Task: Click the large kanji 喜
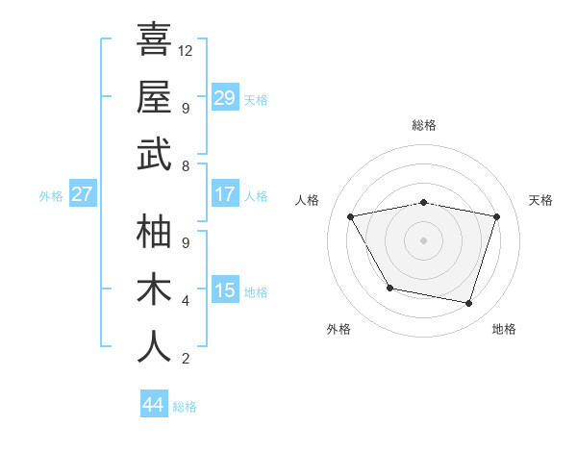154,39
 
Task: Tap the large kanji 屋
154,96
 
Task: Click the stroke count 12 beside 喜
187,50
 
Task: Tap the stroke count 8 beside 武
185,166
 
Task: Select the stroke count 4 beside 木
185,301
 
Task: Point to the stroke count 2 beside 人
185,359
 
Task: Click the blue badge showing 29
225,98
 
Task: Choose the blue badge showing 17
225,194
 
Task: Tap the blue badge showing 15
225,290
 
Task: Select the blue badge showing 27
83,194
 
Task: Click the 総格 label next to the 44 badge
185,407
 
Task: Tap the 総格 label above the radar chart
424,125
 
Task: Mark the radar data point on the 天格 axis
497,216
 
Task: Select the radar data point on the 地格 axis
469,303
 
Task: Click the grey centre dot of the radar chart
424,239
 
